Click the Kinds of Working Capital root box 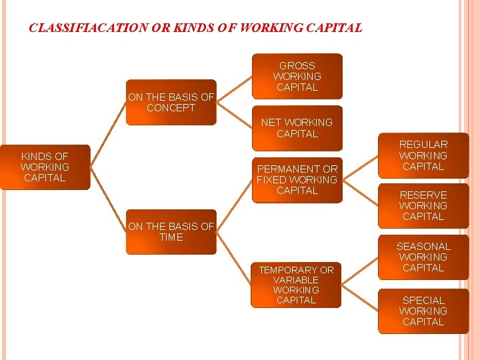45,167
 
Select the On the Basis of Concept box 171,103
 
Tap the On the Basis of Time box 171,232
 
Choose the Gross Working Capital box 297,76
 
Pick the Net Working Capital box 297,128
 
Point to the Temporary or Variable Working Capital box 297,285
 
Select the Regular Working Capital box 423,155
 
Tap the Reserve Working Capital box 423,206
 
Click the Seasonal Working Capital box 423,257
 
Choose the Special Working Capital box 423,311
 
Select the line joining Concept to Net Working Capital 235,115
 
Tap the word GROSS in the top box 297,66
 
